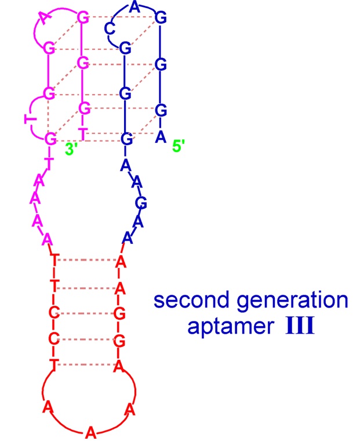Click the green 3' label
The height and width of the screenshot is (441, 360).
tap(72, 147)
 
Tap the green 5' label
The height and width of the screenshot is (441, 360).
tap(179, 146)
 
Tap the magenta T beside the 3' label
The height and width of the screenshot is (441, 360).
tap(83, 134)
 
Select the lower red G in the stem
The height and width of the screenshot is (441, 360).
tap(121, 339)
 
